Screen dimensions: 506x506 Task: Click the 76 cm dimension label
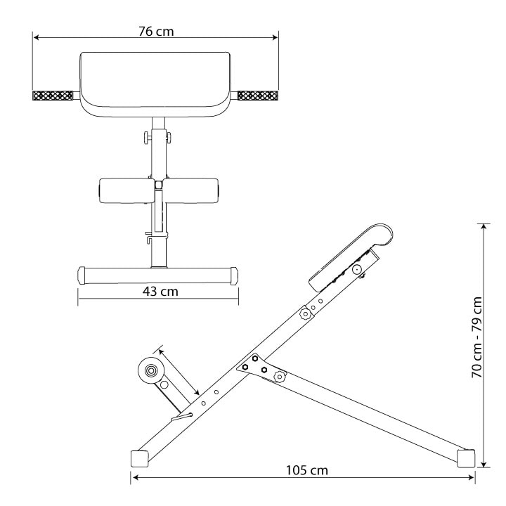click(156, 32)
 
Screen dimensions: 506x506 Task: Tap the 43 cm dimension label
click(160, 292)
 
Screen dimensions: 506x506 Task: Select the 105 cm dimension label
click(307, 470)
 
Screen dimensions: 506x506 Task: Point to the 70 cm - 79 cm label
click(477, 337)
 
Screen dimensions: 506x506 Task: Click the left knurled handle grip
click(53, 96)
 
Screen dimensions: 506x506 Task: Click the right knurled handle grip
click(258, 96)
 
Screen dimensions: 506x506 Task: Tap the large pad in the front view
click(155, 84)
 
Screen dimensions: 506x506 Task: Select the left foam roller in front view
click(126, 190)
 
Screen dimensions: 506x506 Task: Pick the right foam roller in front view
click(191, 190)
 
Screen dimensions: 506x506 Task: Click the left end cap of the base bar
click(82, 275)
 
